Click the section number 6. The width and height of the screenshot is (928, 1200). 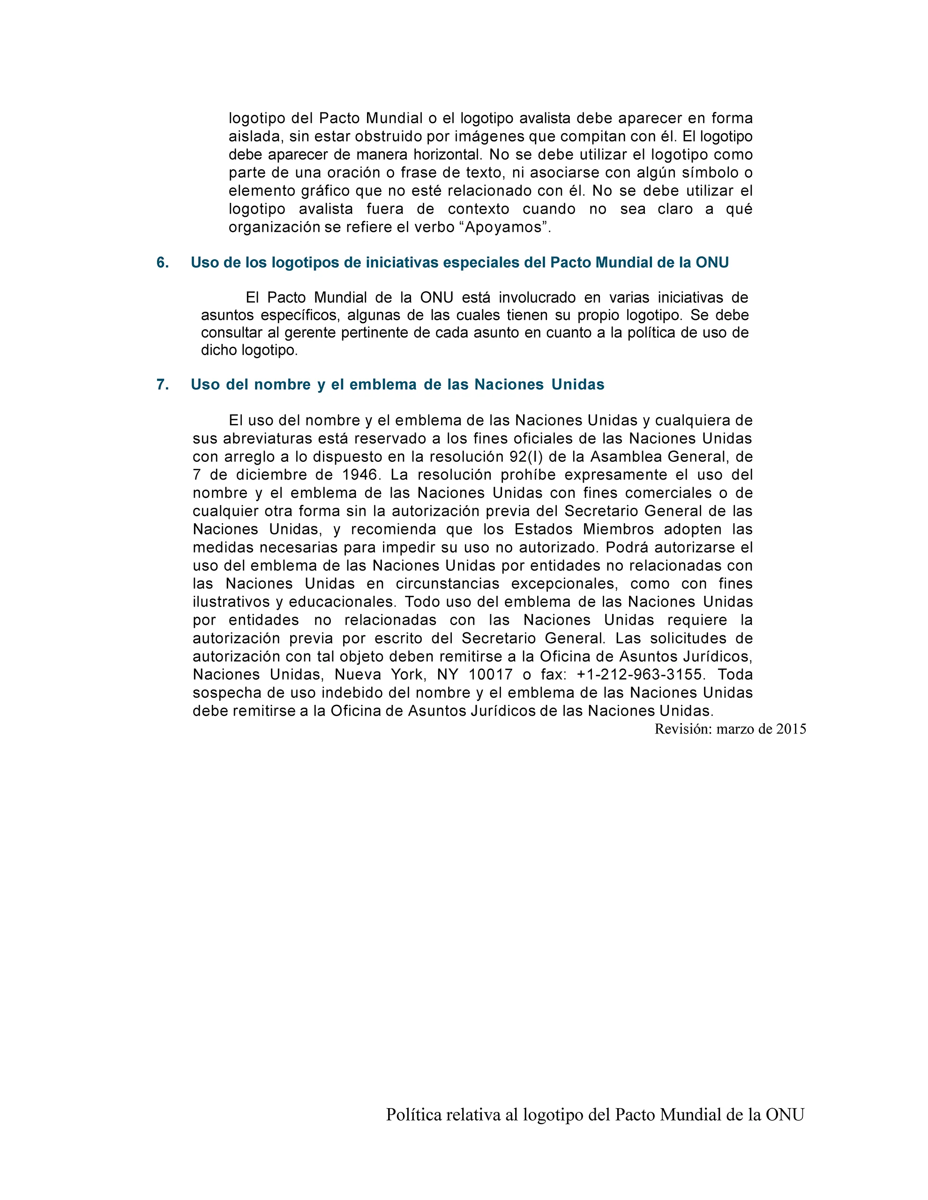pos(162,263)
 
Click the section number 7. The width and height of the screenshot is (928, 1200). pos(162,385)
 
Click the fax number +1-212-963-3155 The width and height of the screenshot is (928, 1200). pos(639,675)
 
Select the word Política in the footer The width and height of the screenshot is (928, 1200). pos(414,1115)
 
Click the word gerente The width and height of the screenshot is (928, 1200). pos(310,333)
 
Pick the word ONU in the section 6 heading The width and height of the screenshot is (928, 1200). pos(712,263)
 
